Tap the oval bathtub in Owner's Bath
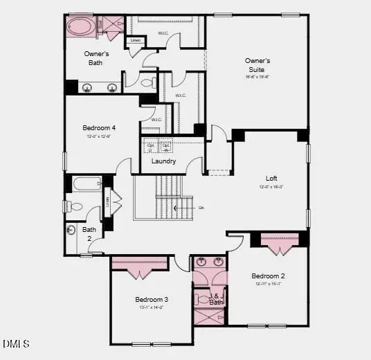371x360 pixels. point(82,28)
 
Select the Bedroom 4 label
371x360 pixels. point(99,127)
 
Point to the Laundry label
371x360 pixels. point(164,161)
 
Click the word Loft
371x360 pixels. point(272,177)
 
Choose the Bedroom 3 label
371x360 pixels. point(152,299)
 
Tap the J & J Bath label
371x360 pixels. point(216,298)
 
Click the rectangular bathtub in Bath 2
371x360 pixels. point(87,185)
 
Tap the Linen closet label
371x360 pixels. point(136,41)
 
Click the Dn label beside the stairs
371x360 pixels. point(201,207)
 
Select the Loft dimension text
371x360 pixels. point(272,187)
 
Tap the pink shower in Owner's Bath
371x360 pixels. point(109,25)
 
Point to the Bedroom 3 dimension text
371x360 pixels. point(152,307)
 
